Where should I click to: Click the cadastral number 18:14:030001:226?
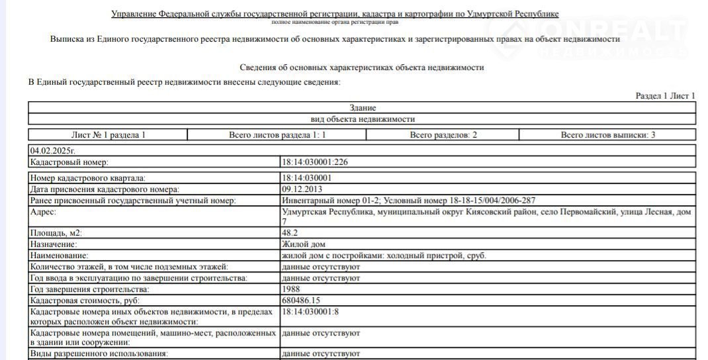[x=315, y=161]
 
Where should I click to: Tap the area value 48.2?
[x=290, y=233]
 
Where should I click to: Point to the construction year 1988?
[x=291, y=289]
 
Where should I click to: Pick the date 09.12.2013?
[x=302, y=189]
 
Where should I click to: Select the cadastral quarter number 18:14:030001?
[x=307, y=178]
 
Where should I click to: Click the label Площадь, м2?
[x=56, y=233]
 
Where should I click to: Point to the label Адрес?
[x=44, y=212]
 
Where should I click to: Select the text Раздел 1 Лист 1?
[x=665, y=96]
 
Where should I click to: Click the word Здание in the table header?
[x=363, y=108]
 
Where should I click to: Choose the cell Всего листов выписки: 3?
[x=607, y=135]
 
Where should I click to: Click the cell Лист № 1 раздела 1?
[x=108, y=135]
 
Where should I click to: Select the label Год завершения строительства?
[x=90, y=289]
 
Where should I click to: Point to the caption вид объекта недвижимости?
[x=363, y=119]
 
